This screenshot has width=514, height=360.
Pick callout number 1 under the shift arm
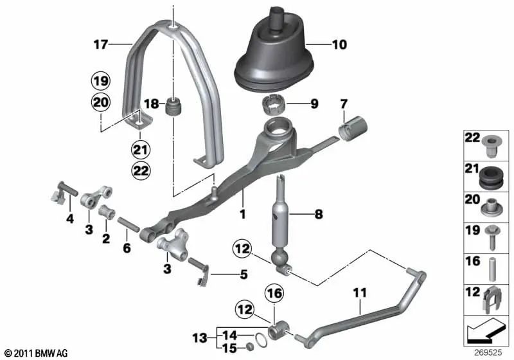242,212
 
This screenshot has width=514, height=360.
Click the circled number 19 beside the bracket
101,82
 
